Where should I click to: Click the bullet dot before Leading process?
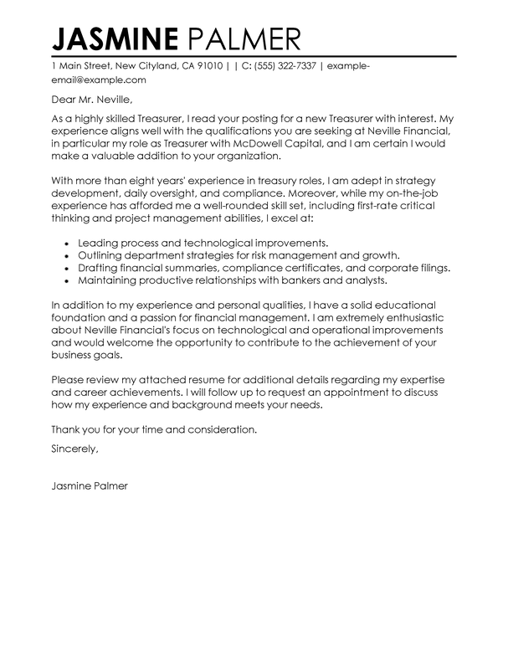point(66,241)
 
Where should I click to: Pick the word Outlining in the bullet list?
point(102,254)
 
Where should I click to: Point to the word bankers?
point(322,281)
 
